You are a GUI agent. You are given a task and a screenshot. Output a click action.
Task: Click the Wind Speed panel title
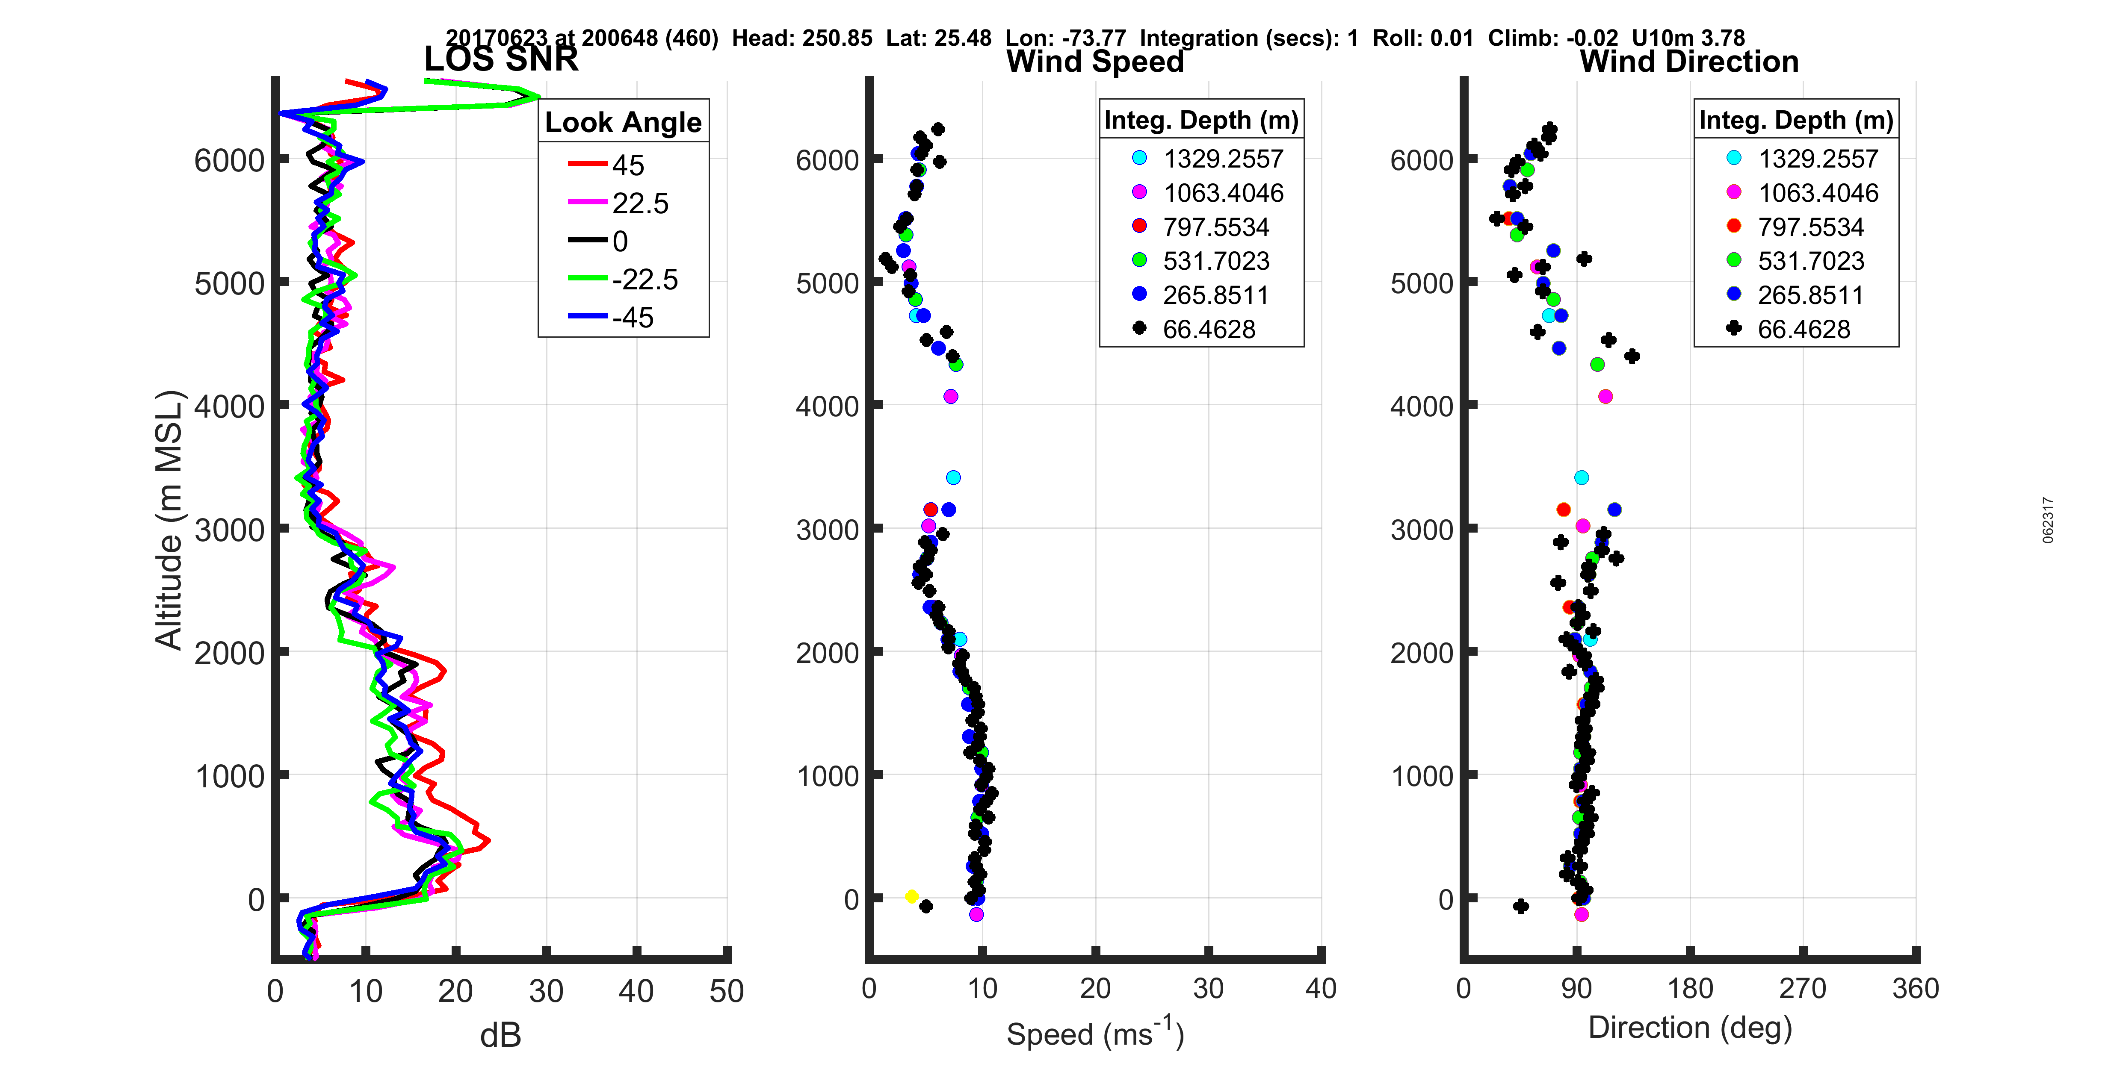pos(1095,62)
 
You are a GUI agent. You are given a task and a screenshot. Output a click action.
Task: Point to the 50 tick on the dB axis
pos(727,991)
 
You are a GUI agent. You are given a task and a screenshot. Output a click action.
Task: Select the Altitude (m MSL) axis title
pos(169,520)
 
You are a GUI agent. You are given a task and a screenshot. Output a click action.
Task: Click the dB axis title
pos(500,1035)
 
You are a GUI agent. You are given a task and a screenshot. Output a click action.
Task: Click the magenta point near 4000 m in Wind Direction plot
pos(1605,396)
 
